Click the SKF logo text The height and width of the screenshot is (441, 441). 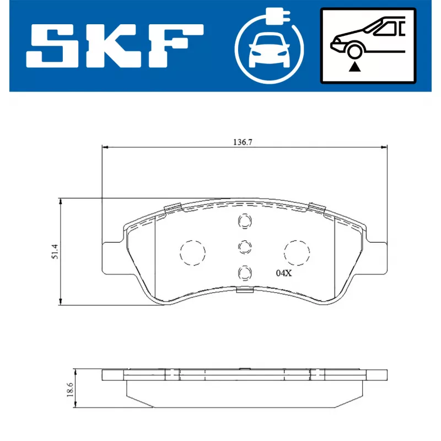pos(115,46)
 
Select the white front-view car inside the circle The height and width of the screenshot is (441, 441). pos(269,51)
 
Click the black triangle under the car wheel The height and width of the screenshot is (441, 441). pos(355,67)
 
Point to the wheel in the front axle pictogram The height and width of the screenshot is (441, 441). pos(354,51)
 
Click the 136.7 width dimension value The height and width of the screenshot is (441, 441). pos(243,142)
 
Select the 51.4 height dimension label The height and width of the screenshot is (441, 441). pos(55,251)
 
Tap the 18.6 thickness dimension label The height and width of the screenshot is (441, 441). pos(70,390)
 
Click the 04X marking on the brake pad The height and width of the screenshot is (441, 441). pos(284,273)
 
